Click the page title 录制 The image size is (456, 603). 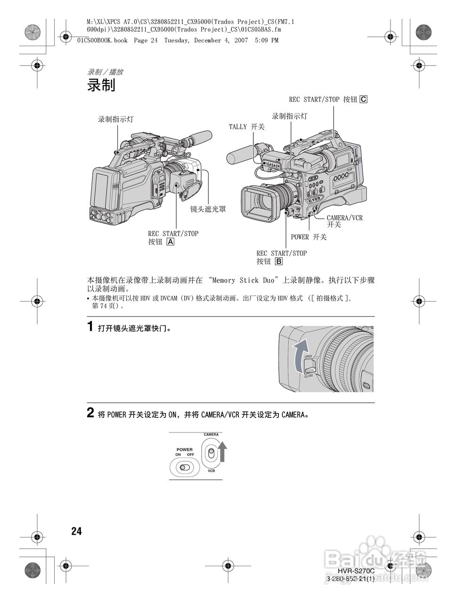click(x=101, y=86)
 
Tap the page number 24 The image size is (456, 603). click(x=76, y=531)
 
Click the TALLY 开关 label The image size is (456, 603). click(x=246, y=127)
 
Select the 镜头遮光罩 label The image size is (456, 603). click(x=208, y=209)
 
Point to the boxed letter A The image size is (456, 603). click(x=170, y=242)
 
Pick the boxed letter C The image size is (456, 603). click(x=363, y=99)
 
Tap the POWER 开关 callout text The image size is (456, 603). click(x=309, y=237)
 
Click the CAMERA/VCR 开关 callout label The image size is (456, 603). click(x=344, y=221)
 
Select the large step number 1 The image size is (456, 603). click(x=91, y=326)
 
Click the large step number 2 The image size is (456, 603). click(x=91, y=413)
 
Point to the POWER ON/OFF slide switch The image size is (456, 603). click(x=184, y=467)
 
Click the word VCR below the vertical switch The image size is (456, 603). click(x=211, y=471)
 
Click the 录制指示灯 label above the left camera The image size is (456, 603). click(x=115, y=120)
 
